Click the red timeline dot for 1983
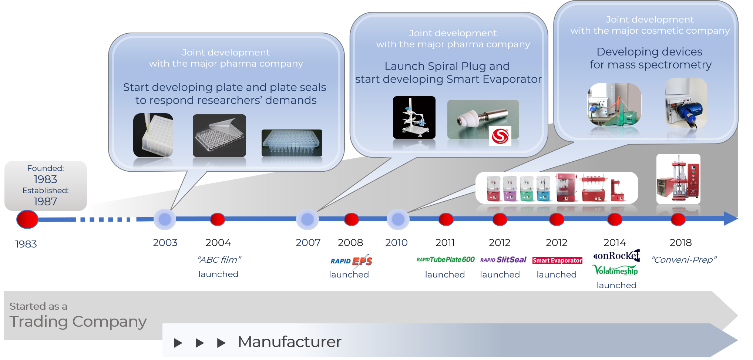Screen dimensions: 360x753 27,219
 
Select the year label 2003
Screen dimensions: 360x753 165,243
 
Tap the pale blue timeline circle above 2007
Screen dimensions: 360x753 307,219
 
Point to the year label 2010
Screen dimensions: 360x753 396,243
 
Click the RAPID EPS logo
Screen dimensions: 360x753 351,261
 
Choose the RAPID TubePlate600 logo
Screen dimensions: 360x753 446,260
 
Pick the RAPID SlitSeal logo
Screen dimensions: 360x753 503,260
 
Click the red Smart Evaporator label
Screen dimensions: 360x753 557,260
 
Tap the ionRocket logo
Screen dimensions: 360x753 616,255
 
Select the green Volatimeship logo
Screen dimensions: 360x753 616,270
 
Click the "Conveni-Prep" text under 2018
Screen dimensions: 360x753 684,260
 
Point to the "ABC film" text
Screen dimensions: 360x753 219,260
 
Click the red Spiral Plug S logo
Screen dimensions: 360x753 500,136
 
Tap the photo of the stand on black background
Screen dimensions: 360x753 414,118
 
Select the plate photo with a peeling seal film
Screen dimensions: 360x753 219,135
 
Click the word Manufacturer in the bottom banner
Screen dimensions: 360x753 289,342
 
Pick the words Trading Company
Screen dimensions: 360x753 78,322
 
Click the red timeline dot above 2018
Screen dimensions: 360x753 678,219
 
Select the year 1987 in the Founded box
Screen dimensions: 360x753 46,202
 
